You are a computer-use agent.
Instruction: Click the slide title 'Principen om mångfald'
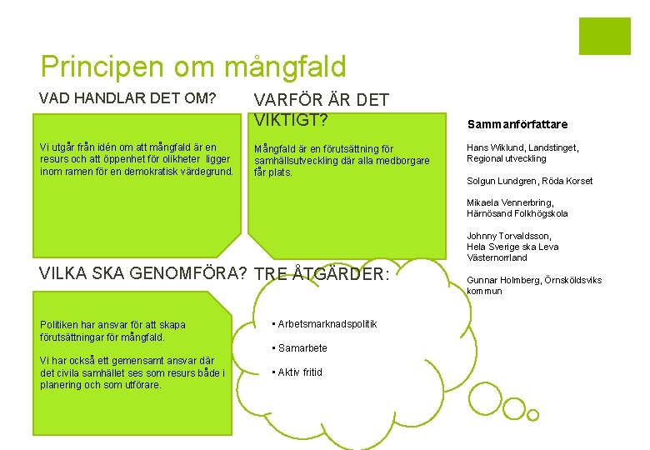[x=192, y=66]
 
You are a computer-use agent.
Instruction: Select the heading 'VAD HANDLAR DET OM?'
[x=127, y=98]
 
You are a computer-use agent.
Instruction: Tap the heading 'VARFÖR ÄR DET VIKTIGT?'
[x=321, y=110]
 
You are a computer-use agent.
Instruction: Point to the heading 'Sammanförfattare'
[x=517, y=124]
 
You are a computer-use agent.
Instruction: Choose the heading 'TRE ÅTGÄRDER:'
[x=321, y=275]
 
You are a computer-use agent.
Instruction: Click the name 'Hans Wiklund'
[x=496, y=147]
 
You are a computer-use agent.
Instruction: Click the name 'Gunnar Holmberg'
[x=502, y=280]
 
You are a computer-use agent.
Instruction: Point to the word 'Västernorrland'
[x=497, y=257]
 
